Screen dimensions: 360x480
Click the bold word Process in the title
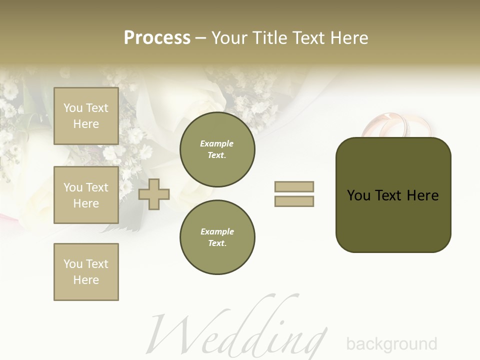tap(157, 38)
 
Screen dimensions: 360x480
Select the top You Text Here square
tap(86, 116)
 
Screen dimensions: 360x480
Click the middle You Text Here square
tap(86, 195)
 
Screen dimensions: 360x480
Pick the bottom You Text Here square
tap(86, 272)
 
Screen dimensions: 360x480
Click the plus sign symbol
tap(154, 194)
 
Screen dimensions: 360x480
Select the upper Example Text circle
tap(217, 149)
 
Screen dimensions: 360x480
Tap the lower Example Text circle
tap(217, 237)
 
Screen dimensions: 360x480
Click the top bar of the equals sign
tap(294, 186)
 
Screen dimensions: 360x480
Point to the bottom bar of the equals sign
tap(294, 201)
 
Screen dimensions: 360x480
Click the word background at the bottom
tap(391, 344)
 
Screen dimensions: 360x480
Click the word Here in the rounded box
tap(423, 195)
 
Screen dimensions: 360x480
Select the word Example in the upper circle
tap(217, 143)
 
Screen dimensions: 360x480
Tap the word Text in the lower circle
tap(216, 243)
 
